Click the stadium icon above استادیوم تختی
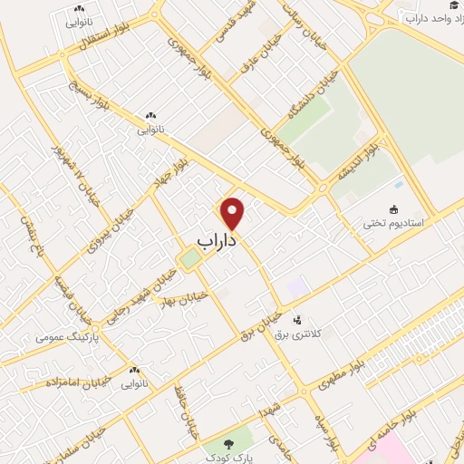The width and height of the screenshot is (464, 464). [x=394, y=208]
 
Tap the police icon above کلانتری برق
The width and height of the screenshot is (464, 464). [x=296, y=320]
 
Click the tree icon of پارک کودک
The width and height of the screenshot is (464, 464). [x=227, y=445]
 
